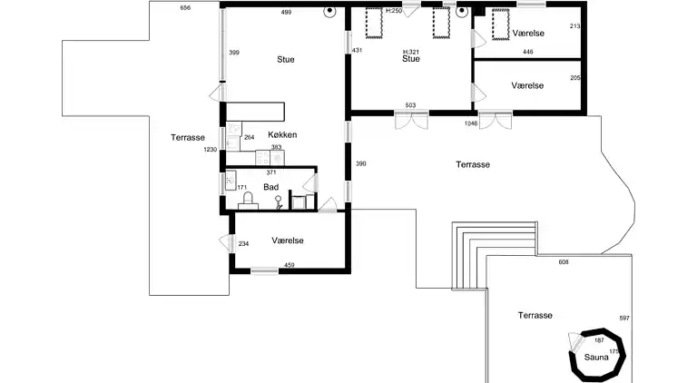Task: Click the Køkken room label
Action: click(283, 135)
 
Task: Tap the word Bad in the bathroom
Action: click(270, 187)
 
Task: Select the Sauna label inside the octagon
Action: click(596, 358)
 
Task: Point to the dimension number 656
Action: click(185, 7)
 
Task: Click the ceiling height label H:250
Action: click(393, 10)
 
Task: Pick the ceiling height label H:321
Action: click(410, 52)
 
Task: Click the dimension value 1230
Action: click(211, 150)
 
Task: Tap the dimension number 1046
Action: click(470, 123)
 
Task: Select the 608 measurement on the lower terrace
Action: click(563, 261)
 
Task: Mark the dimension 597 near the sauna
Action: click(623, 318)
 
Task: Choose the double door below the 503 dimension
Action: click(409, 120)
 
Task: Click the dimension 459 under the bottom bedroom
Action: click(290, 265)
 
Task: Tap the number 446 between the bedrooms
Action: click(527, 53)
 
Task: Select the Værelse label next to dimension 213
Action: click(527, 33)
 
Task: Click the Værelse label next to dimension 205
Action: click(527, 84)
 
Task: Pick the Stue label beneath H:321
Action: click(410, 60)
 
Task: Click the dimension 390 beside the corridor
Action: click(359, 163)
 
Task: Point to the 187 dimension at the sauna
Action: click(599, 339)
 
